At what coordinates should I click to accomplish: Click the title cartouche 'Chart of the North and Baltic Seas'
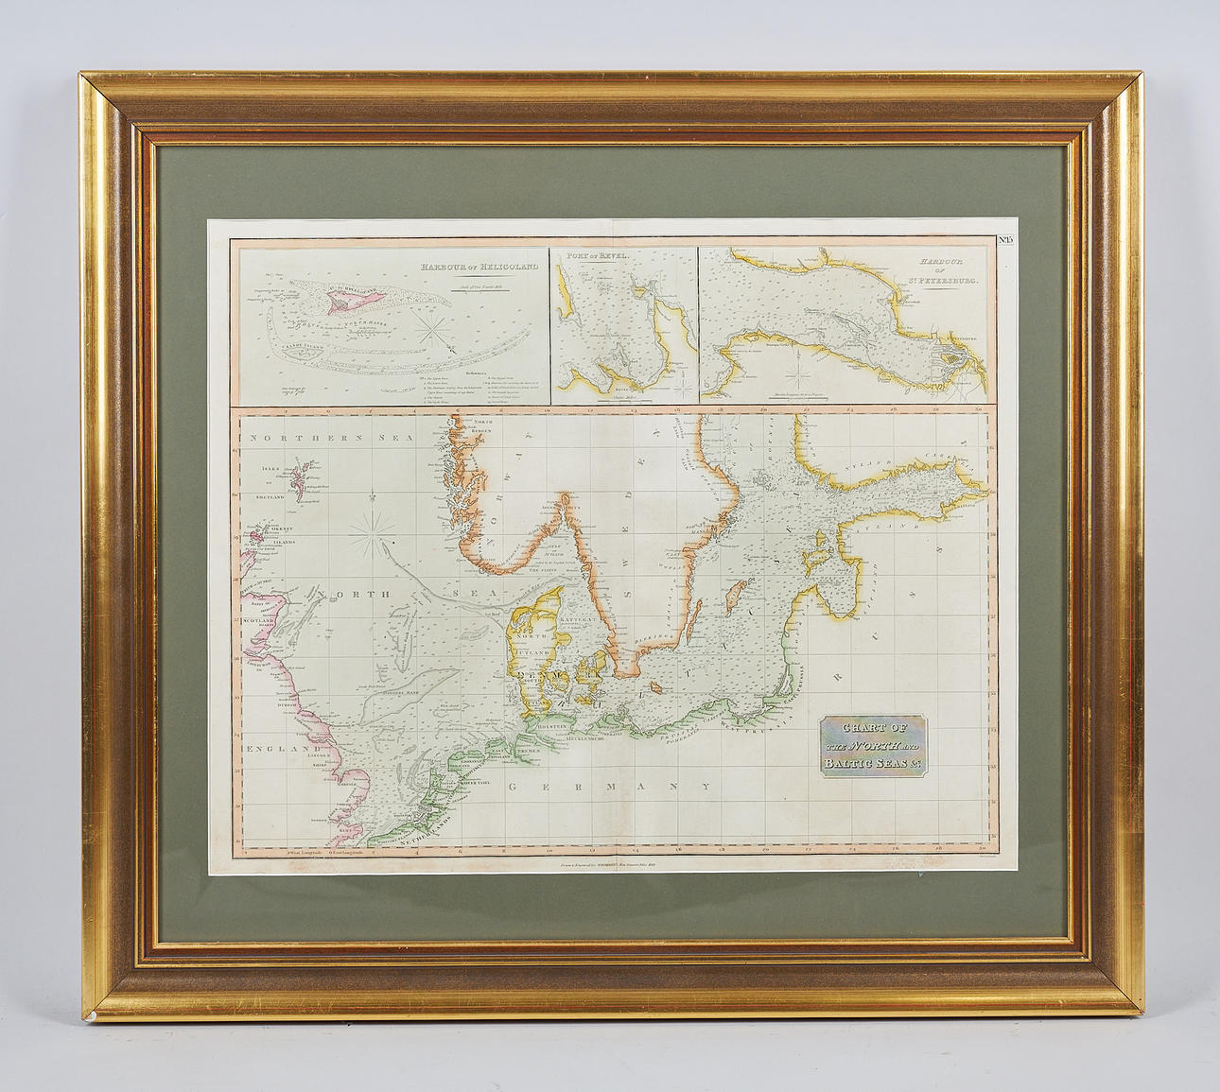872,745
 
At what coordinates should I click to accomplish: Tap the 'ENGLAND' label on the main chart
278,749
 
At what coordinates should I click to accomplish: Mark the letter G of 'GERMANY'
512,786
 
